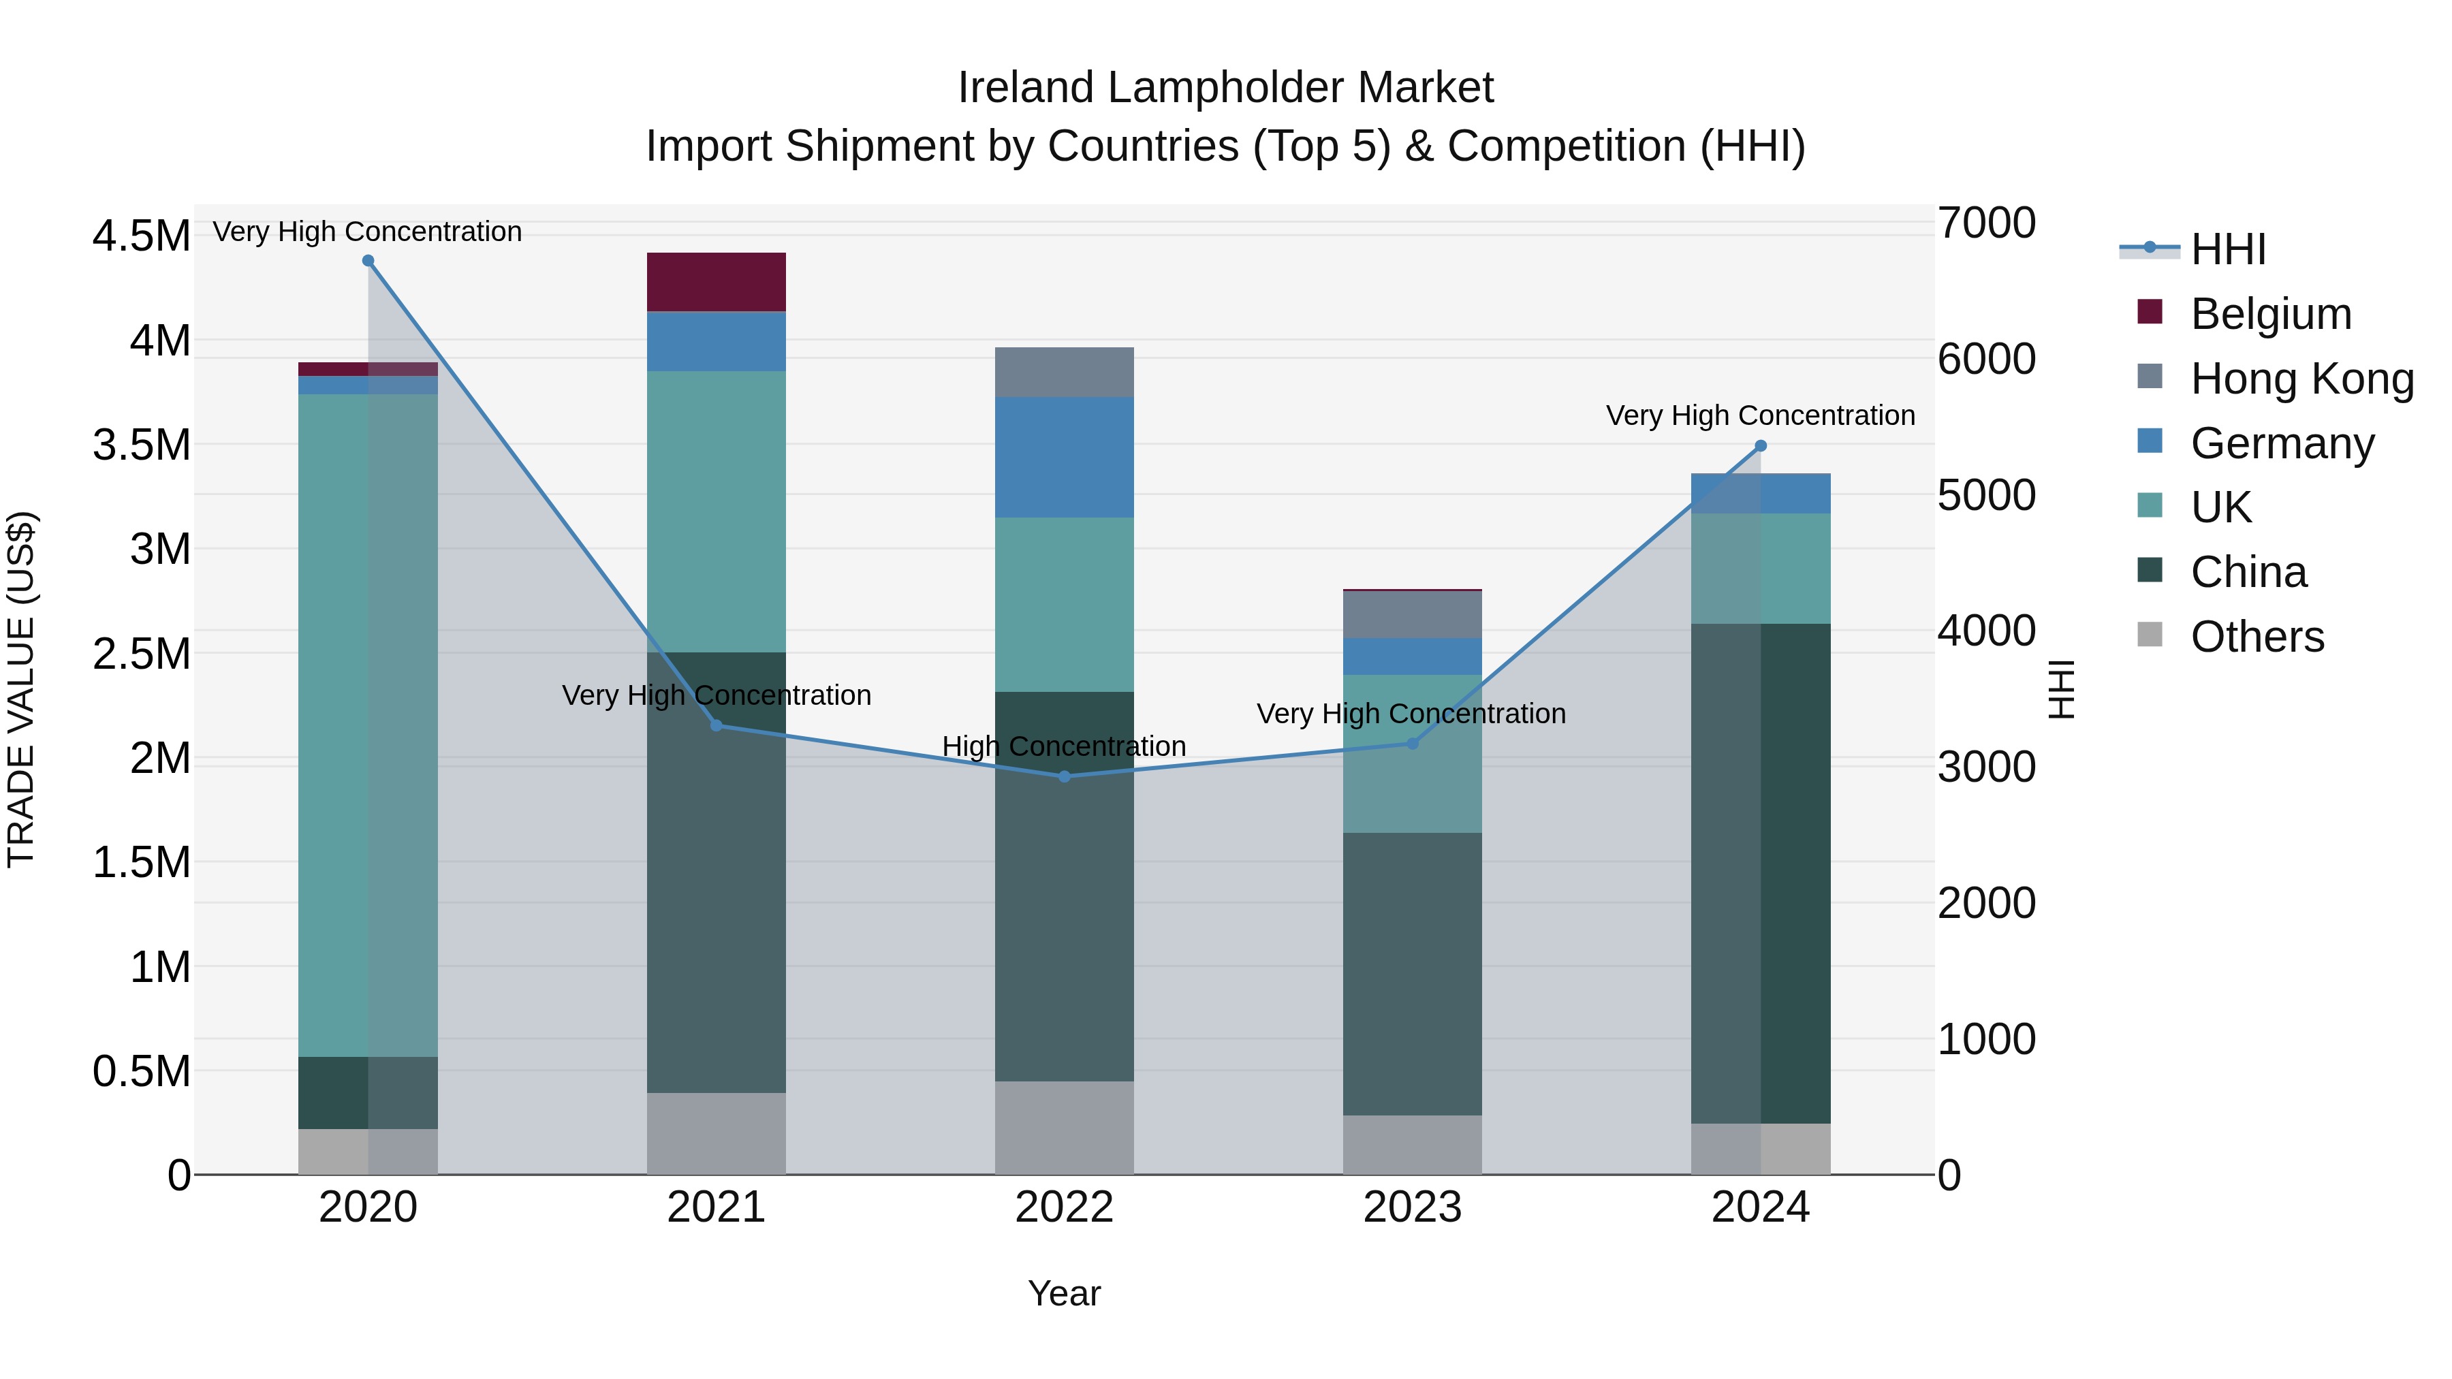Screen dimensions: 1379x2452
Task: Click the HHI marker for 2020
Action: pos(368,261)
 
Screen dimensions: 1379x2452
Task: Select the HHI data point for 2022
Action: pos(1064,776)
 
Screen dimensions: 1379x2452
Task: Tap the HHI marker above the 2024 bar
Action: pos(1760,445)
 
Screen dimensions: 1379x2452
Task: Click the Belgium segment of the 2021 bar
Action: pos(716,282)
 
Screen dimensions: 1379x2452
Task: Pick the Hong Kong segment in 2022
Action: pos(1064,372)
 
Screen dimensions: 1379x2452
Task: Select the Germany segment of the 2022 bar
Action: pos(1064,457)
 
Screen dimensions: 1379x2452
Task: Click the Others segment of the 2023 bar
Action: pos(1412,1144)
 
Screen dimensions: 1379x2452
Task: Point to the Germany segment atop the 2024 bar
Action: pos(1760,493)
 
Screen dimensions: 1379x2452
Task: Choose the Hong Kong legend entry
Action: pos(2301,379)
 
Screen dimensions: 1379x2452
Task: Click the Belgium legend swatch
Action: pos(2150,312)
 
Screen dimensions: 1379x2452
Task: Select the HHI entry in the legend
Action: pos(2227,249)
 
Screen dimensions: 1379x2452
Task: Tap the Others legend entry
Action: pos(2256,637)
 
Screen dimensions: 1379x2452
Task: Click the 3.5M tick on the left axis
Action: pos(141,445)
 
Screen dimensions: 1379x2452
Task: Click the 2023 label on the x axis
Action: pos(1412,1207)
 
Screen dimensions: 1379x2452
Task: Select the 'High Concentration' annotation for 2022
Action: pos(1064,746)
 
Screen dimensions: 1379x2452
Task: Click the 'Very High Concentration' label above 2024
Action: pos(1760,416)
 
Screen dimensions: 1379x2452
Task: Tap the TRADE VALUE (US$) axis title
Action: pos(21,689)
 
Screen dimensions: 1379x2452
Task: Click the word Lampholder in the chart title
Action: pos(1225,88)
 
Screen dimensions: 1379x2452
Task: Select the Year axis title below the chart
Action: pos(1064,1293)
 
